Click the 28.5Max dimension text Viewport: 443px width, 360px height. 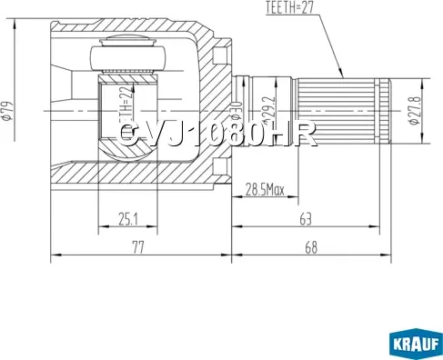coord(266,190)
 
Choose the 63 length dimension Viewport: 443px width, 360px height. coord(305,217)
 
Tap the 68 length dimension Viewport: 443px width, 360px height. coord(311,246)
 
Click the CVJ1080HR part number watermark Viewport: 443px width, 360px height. coord(218,135)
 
